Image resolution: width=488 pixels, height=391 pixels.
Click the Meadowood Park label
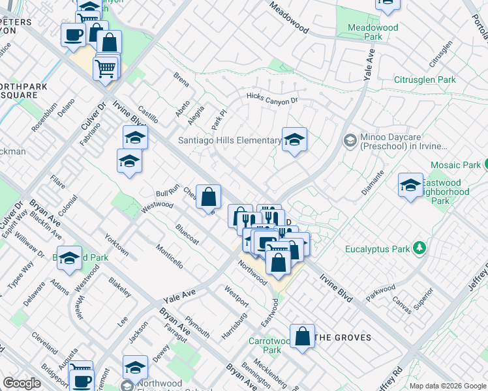(373, 33)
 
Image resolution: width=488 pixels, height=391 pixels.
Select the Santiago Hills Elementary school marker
(294, 139)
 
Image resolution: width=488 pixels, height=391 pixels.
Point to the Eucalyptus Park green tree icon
(420, 248)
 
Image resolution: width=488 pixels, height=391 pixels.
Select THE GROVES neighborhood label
(343, 338)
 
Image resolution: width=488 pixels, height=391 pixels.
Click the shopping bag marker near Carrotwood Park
(303, 337)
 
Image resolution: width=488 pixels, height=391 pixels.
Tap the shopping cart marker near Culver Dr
(105, 66)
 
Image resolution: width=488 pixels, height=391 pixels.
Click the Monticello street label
(169, 256)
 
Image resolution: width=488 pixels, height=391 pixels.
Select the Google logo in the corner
(22, 383)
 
